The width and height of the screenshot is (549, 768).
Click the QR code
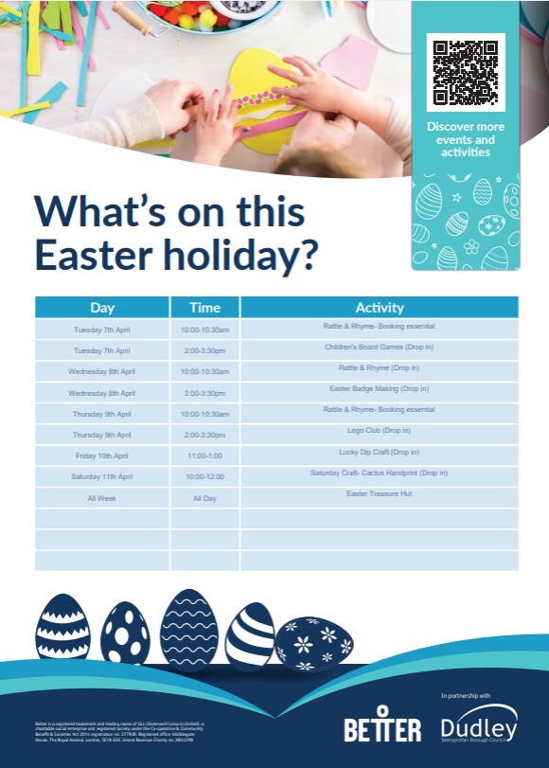(x=466, y=72)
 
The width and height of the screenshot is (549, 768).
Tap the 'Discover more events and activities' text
(x=466, y=139)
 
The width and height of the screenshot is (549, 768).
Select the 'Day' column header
(x=102, y=308)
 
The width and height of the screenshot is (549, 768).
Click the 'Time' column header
(x=204, y=308)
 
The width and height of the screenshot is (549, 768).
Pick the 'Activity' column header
(x=380, y=308)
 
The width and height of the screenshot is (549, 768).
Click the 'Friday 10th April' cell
(x=102, y=455)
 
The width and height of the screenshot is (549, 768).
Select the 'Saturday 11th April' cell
(x=102, y=476)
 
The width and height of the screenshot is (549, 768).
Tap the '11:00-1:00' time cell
(x=204, y=455)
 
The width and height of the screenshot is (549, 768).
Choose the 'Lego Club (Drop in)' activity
(x=380, y=431)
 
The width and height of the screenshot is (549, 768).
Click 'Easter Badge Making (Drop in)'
(x=380, y=388)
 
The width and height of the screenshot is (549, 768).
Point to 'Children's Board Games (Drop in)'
(x=380, y=347)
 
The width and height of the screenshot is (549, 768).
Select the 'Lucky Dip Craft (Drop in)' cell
(x=380, y=452)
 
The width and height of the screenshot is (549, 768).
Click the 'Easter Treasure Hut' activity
(x=380, y=493)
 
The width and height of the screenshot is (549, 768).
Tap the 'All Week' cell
(x=102, y=498)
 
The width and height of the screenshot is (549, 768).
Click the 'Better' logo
(x=382, y=727)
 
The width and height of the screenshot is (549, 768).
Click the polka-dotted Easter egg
(x=125, y=633)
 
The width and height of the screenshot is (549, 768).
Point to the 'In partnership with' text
(x=466, y=696)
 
